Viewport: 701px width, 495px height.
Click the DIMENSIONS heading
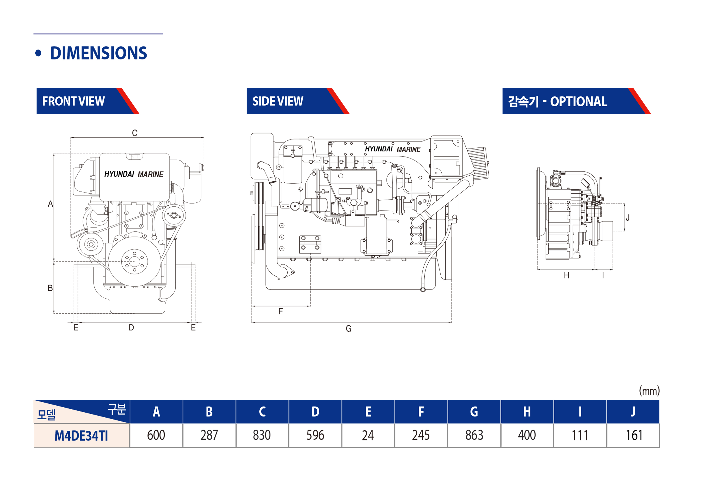[x=98, y=53]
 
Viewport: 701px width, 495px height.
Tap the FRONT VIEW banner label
[x=73, y=101]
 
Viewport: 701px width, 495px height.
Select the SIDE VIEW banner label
[x=278, y=101]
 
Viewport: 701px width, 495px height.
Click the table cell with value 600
[x=156, y=435]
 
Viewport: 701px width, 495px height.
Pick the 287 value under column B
[x=209, y=435]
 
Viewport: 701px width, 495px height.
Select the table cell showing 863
[x=474, y=435]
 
